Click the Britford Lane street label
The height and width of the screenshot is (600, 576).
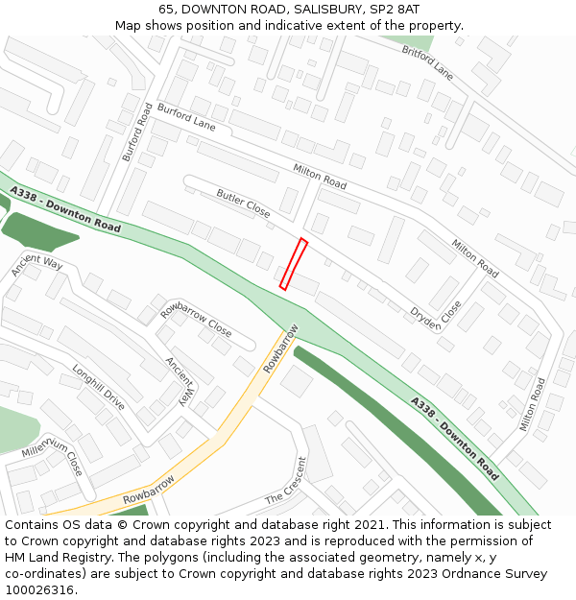[427, 60]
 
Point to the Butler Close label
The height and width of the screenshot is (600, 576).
[243, 204]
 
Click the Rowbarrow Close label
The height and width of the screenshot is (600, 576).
[196, 319]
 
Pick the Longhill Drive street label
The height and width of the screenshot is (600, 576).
[98, 386]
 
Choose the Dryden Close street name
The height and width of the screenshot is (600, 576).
[436, 316]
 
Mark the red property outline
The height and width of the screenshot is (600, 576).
[293, 264]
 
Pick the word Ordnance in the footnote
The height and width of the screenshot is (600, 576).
[463, 574]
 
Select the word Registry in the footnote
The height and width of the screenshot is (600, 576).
[107, 558]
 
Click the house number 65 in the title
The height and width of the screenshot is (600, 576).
[167, 9]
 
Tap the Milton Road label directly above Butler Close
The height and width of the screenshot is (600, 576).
[320, 177]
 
